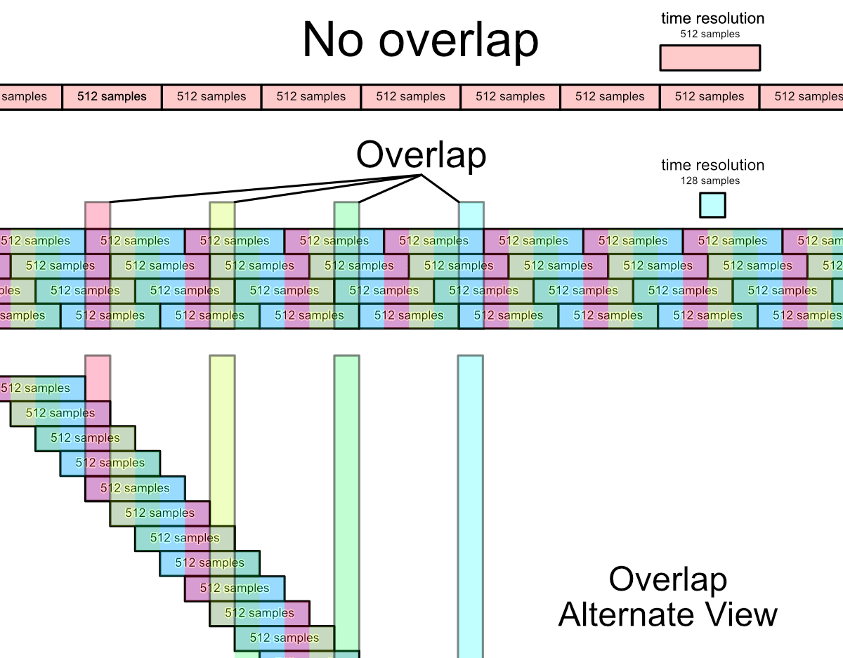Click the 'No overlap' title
point(420,40)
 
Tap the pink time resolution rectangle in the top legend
point(710,58)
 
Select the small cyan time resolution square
point(712,205)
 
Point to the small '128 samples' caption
point(710,181)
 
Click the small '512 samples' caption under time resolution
point(710,34)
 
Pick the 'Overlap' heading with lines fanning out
point(421,154)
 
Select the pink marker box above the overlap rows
point(98,215)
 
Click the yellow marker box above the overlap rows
point(222,215)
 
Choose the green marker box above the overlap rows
point(346,215)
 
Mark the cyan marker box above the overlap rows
point(471,215)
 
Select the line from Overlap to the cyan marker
point(441,188)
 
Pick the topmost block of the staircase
point(42,388)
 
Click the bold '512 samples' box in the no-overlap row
point(112,97)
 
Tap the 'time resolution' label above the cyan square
point(712,166)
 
